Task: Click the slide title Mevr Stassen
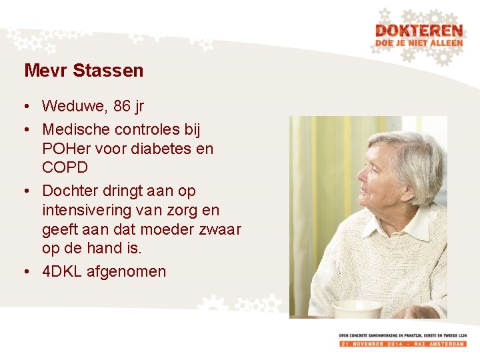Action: [83, 70]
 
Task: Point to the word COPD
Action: [65, 167]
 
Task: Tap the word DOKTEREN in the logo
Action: [418, 31]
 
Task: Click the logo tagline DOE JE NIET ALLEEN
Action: [418, 43]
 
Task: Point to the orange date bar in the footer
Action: [402, 343]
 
